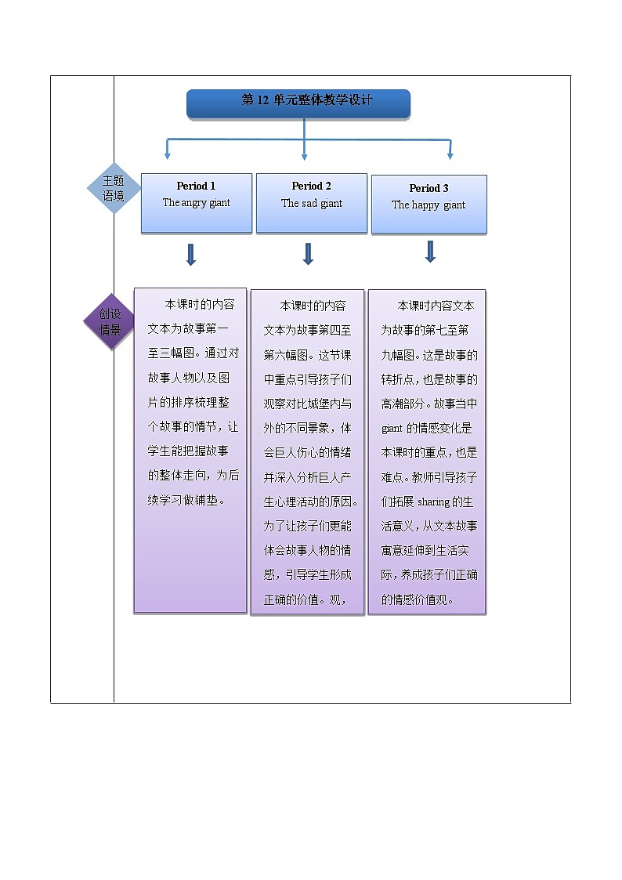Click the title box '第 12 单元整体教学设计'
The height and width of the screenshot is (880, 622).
tap(298, 103)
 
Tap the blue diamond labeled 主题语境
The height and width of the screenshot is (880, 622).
tap(114, 189)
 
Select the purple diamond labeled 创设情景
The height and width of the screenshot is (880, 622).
tap(110, 322)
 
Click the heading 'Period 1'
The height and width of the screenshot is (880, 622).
tap(196, 187)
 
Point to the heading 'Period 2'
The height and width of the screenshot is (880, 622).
tap(312, 187)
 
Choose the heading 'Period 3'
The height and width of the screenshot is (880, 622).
tap(429, 188)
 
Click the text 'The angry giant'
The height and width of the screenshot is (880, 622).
tap(196, 203)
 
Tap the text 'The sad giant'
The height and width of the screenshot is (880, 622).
tap(312, 204)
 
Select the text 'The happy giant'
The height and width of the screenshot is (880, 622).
tap(429, 205)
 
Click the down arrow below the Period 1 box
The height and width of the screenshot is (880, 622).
tap(190, 254)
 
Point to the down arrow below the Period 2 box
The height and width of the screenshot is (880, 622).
tap(308, 253)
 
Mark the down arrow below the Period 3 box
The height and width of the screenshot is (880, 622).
tap(430, 251)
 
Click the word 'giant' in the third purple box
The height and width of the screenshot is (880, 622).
tap(392, 429)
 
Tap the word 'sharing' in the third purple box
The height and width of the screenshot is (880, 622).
tap(434, 502)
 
